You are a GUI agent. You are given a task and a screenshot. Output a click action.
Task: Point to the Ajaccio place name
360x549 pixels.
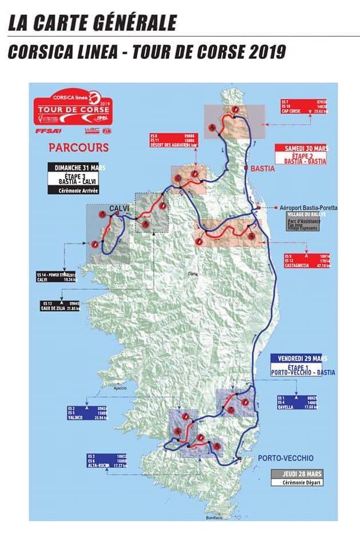pos(119,388)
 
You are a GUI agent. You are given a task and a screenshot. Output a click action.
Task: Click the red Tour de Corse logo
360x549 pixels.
pos(73,108)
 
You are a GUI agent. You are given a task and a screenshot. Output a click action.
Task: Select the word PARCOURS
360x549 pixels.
pos(78,148)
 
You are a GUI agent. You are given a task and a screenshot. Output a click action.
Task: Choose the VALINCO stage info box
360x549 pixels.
pos(87,413)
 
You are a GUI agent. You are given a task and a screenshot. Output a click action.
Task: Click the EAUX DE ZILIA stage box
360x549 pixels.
pos(63,305)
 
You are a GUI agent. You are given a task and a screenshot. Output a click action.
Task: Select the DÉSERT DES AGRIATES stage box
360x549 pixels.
pos(173,141)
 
